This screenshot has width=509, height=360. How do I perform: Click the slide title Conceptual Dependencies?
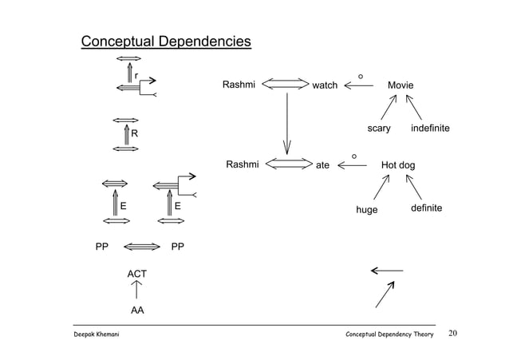[x=165, y=42]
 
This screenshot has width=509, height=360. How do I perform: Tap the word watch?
[x=325, y=85]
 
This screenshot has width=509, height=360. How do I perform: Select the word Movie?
[x=400, y=85]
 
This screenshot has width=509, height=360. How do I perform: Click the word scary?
[x=378, y=129]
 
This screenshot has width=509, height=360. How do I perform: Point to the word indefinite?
[x=430, y=129]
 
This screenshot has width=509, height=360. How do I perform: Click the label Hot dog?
[x=400, y=165]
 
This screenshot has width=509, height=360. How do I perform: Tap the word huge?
[x=367, y=209]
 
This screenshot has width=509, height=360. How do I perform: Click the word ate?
[x=323, y=166]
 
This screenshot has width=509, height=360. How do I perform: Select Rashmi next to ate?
[x=243, y=164]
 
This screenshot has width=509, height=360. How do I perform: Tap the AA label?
[x=137, y=309]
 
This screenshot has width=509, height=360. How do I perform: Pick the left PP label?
[x=101, y=247]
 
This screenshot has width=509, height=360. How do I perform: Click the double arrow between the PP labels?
[x=143, y=247]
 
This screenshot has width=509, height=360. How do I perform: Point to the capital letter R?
[x=136, y=133]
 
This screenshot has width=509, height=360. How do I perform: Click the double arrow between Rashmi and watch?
[x=285, y=84]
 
